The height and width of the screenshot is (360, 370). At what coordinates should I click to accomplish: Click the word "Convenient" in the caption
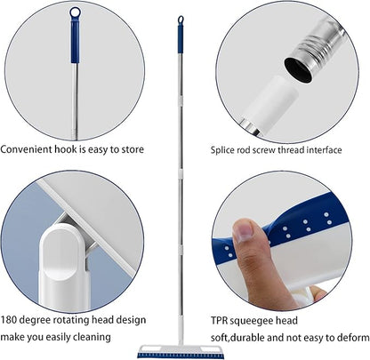[x=26, y=149]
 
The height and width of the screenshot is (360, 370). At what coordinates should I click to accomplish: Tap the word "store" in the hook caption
[x=133, y=149]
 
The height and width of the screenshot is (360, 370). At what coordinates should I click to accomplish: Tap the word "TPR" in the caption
[x=219, y=321]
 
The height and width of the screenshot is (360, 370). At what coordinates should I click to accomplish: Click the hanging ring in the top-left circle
[x=75, y=12]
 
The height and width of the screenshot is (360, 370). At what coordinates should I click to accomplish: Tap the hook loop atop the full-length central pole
[x=181, y=20]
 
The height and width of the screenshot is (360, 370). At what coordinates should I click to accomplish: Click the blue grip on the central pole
[x=181, y=39]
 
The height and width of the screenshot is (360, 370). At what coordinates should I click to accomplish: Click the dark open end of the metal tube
[x=298, y=70]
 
